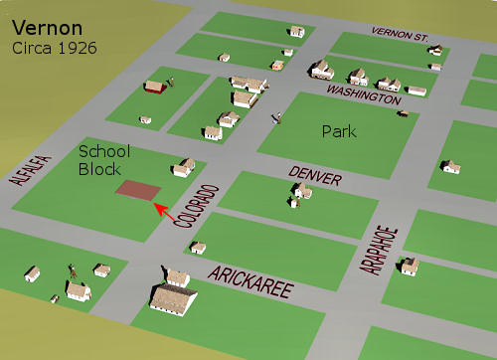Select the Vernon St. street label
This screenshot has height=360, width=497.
click(400, 34)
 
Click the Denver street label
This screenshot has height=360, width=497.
click(315, 176)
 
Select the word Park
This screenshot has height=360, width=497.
click(340, 130)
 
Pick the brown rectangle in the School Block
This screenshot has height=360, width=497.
click(137, 189)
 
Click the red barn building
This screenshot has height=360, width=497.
click(153, 88)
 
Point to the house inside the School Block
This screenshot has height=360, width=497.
click(183, 166)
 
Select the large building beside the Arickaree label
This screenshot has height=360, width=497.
click(173, 296)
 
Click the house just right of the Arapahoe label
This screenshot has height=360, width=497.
click(409, 267)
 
